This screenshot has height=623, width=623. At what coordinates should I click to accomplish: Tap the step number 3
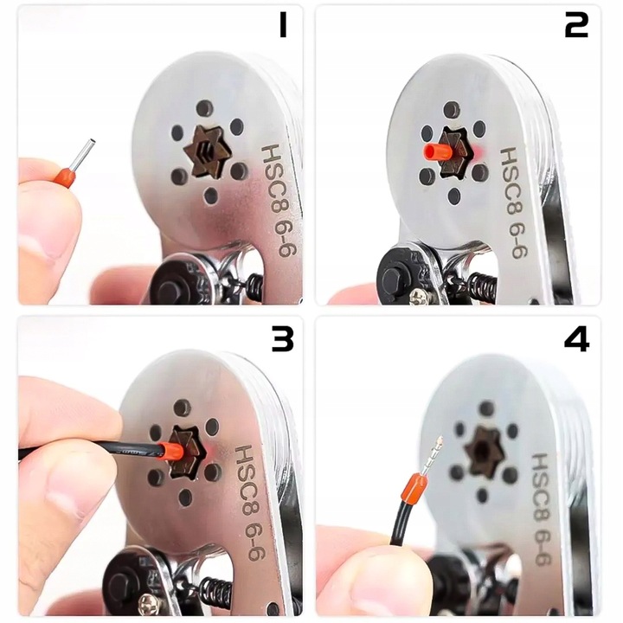point(282,339)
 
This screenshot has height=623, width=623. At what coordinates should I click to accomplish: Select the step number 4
point(576,339)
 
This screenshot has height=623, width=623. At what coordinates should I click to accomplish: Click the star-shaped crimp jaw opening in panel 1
point(208,151)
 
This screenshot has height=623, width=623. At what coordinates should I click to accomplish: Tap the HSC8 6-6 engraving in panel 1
point(279,201)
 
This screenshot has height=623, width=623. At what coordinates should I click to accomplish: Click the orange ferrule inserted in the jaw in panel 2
point(438,151)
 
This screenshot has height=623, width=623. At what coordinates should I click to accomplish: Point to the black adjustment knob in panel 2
point(398,276)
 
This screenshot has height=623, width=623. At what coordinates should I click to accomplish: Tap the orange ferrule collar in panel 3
point(171,451)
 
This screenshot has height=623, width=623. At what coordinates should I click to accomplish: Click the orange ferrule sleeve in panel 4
point(414,486)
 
